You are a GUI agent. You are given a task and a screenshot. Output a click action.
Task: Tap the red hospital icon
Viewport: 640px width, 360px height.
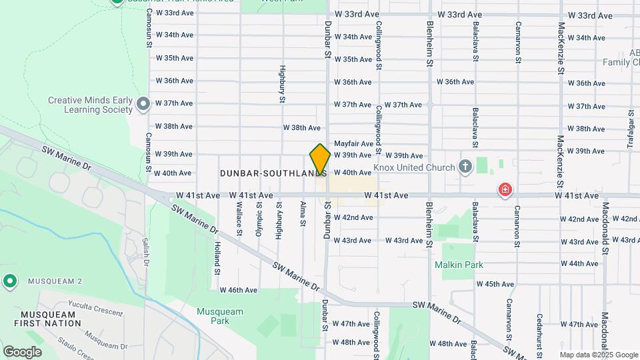coord(505,191)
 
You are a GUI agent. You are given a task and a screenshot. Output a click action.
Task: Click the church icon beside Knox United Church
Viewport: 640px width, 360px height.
coord(465,167)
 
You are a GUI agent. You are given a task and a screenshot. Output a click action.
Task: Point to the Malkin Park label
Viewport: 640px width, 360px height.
coord(459,265)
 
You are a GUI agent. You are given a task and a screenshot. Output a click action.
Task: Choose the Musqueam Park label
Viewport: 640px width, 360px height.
coord(213,316)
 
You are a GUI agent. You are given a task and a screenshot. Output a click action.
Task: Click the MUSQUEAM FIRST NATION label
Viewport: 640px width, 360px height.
coord(50,319)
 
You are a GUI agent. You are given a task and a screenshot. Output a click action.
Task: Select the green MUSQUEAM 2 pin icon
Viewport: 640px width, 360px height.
coord(9,281)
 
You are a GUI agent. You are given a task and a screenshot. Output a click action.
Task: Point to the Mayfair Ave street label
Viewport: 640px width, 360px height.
coord(353,143)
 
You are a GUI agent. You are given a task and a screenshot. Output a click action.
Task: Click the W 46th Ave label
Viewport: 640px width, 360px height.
coord(239,290)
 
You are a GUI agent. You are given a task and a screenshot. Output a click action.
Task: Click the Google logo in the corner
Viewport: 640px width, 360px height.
coord(22,351)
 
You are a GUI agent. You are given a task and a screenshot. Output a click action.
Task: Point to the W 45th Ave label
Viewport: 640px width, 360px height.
coord(495,284)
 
